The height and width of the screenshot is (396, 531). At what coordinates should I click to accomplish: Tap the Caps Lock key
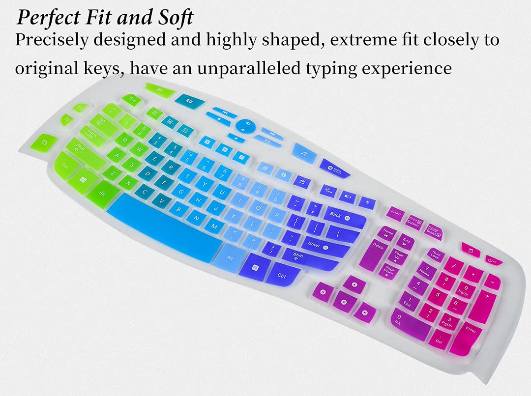click(x=91, y=132)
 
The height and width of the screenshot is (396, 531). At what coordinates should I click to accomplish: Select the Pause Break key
click(x=433, y=230)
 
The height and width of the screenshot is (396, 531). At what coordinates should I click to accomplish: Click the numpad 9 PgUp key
click(x=466, y=289)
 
